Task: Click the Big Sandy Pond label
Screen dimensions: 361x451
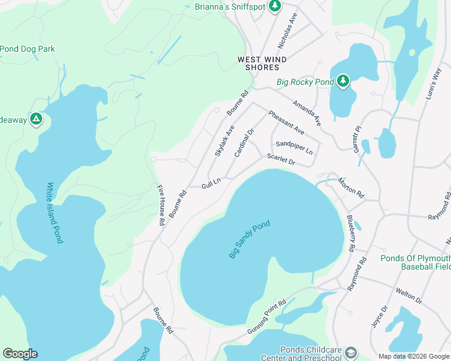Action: (249, 240)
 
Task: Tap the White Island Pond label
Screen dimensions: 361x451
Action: (54, 213)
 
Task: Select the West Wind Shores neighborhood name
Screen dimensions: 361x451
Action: (262, 63)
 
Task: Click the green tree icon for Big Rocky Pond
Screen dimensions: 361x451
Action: (343, 81)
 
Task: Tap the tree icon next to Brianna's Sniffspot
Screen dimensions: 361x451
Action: (275, 6)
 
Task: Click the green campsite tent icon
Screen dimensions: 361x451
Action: (36, 119)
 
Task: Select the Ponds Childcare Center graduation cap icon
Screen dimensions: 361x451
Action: (352, 352)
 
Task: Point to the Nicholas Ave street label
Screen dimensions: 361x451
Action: (287, 31)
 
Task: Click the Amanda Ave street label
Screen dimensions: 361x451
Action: (307, 113)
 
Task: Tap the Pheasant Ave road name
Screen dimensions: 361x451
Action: (286, 123)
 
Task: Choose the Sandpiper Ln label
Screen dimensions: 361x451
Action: (294, 147)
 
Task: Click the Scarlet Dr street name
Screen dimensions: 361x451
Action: (281, 159)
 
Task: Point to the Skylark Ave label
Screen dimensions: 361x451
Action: (225, 141)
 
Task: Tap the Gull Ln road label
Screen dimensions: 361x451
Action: (212, 183)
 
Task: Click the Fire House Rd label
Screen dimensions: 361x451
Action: (161, 205)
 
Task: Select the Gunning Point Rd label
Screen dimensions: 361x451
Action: (265, 318)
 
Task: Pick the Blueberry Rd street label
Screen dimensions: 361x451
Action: (350, 233)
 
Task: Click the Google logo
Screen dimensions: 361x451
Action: (20, 354)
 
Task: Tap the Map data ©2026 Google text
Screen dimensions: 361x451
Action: (413, 356)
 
